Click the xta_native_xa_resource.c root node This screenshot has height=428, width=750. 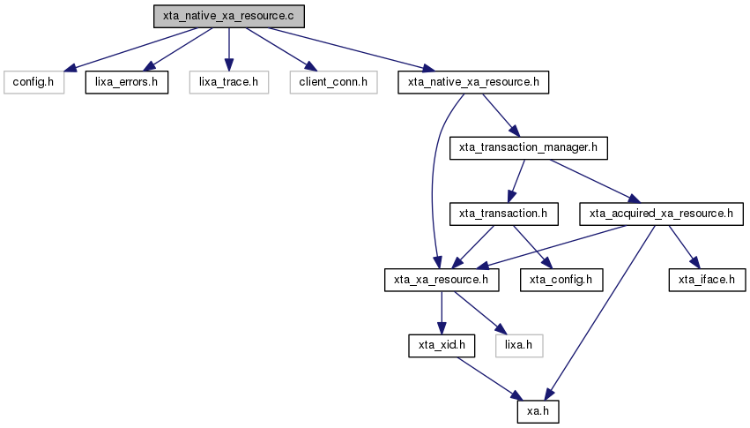(228, 16)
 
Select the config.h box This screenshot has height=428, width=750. (33, 82)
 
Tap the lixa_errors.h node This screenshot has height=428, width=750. (127, 82)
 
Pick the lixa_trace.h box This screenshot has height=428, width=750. (228, 82)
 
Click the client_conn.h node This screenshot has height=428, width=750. (333, 82)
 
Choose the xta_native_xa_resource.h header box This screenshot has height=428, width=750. (473, 82)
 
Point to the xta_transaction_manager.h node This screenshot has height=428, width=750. (529, 148)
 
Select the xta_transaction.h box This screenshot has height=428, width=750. (503, 214)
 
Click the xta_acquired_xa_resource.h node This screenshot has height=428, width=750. (662, 214)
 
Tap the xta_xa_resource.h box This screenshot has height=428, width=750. (442, 280)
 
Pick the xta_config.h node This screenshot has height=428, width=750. (561, 280)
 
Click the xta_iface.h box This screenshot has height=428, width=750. (707, 280)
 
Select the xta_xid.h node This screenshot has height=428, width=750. (442, 346)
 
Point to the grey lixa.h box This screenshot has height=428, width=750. (519, 346)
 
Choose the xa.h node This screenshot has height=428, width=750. (538, 412)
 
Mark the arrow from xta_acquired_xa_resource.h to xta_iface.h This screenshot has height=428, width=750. (684, 247)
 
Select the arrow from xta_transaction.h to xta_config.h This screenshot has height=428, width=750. (533, 247)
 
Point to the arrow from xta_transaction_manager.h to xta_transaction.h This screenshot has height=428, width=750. (516, 182)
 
